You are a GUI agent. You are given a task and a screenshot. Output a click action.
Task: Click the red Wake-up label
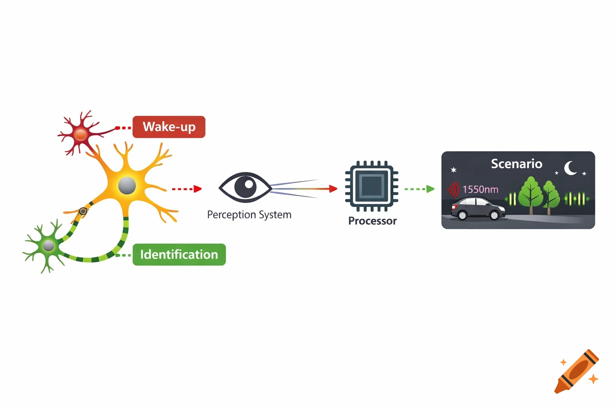coord(169,127)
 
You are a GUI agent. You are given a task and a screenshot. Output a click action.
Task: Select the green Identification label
coord(179,255)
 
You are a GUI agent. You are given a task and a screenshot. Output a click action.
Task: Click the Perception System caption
coord(249,215)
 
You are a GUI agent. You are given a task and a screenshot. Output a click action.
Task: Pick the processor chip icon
coord(372,186)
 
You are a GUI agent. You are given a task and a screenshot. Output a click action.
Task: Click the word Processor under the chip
coord(372,221)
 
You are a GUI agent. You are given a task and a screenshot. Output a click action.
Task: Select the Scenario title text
coord(517,164)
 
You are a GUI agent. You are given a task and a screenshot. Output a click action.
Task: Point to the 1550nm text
coord(480,189)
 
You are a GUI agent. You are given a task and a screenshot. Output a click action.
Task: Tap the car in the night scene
coord(478,209)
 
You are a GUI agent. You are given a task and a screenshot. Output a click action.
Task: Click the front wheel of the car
coord(494,215)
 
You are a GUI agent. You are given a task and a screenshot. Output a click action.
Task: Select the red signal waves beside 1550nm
coord(453,189)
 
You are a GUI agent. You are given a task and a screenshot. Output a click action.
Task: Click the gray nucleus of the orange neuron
coord(127,185)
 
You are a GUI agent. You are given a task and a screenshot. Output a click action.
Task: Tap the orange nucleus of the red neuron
coord(81,134)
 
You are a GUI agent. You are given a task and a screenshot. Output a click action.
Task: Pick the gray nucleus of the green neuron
coord(48,245)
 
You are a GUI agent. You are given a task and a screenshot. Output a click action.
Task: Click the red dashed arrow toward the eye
coord(187,189)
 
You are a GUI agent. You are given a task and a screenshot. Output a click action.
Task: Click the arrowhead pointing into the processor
coord(333,189)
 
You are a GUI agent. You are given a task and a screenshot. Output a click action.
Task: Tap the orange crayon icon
coord(577,372)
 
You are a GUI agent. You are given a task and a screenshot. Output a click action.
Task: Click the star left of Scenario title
coord(454,170)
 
